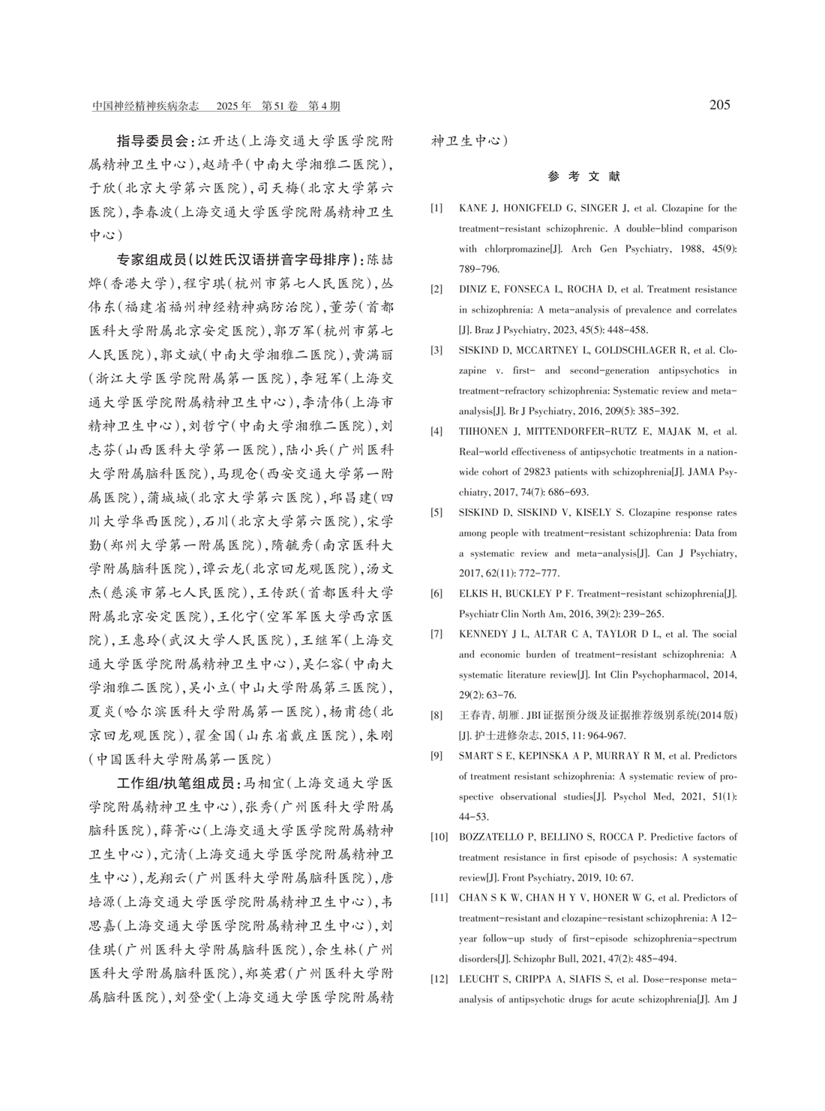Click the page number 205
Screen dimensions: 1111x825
click(x=719, y=105)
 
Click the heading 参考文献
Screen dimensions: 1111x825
click(x=584, y=177)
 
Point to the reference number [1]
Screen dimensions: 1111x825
click(x=436, y=208)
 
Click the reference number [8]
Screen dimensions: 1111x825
click(x=436, y=715)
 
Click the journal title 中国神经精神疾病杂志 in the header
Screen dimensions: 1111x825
click(x=145, y=106)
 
